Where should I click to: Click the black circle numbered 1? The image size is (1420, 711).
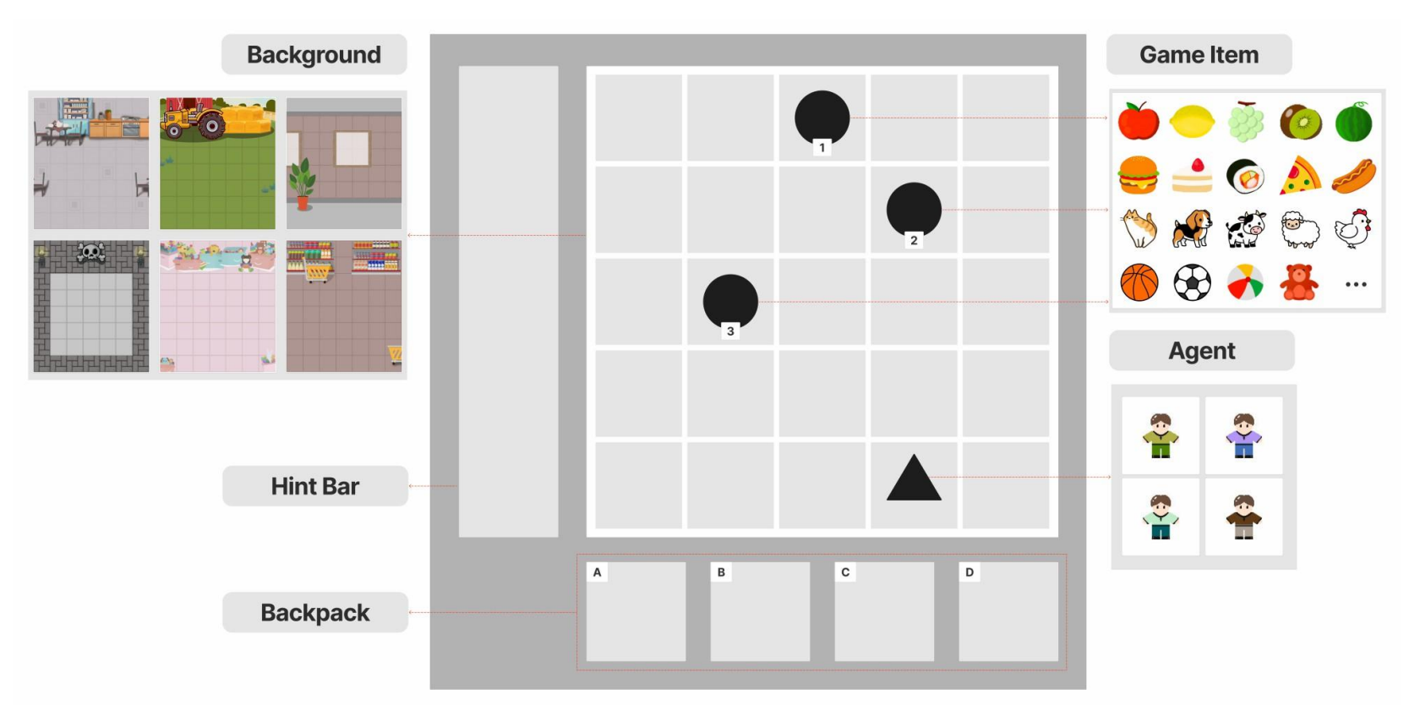point(822,118)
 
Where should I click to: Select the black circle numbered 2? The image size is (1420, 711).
point(914,210)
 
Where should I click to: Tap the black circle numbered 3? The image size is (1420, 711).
point(730,301)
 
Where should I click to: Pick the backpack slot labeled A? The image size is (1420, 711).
point(636,612)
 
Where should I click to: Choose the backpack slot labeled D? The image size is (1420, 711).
point(1008,612)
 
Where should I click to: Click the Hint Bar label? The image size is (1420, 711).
point(315,486)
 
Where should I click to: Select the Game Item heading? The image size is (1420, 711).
point(1199,55)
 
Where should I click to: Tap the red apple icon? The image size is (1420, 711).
point(1139,121)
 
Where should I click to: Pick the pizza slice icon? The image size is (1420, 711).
point(1300,176)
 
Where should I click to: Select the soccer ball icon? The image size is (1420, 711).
point(1192,283)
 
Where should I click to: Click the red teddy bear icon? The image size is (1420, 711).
point(1299,283)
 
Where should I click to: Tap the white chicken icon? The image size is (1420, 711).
point(1352,229)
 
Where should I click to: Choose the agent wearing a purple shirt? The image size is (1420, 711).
point(1243,435)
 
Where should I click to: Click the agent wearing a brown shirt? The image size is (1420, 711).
point(1243,517)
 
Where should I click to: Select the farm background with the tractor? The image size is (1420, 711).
point(217,163)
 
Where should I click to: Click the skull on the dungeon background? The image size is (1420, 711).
point(91,253)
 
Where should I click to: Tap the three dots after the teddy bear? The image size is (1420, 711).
point(1356,285)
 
